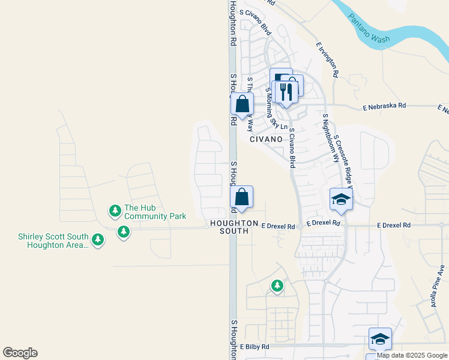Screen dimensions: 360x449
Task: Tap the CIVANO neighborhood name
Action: point(266,139)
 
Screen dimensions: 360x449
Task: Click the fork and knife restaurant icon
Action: point(285,92)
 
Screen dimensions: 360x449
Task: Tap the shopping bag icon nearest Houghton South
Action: point(241,197)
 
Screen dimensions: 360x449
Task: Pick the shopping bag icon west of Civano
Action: point(242,104)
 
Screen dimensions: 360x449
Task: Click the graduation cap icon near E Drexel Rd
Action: point(341,199)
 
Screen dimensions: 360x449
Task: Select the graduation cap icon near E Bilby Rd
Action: point(379,339)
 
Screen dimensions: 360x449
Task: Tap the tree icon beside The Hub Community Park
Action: point(115,211)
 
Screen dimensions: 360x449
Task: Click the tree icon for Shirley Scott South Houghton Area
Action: point(97,240)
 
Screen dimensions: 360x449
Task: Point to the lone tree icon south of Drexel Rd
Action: point(277,286)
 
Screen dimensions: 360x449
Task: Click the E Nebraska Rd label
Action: point(385,106)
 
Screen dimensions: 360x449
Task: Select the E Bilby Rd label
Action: point(255,347)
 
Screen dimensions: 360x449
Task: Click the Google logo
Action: point(20,353)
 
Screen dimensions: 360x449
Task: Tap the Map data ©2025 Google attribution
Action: point(411,355)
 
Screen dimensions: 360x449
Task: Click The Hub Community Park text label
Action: point(155,212)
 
